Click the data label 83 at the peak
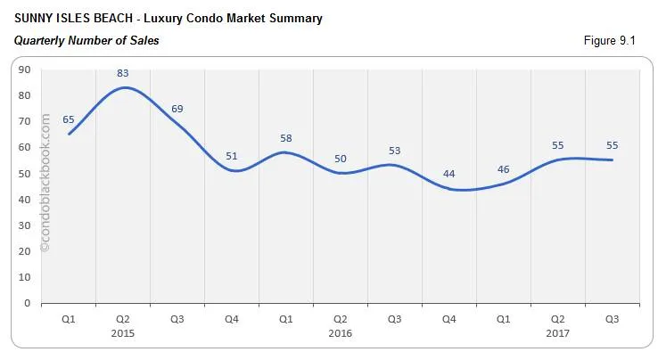coord(123,73)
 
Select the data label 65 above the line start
coord(69,119)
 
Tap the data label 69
coord(177,109)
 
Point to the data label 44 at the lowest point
coord(448,174)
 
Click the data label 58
coord(285,138)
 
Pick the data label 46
coord(503,168)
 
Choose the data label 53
coord(394,151)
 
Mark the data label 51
coord(232,156)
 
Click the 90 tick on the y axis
coord(25,70)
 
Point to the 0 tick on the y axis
coord(28,303)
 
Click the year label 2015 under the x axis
coord(123,333)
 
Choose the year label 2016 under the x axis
coord(340,333)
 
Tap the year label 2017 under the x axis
coord(557,333)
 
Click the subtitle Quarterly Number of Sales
coord(86,40)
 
